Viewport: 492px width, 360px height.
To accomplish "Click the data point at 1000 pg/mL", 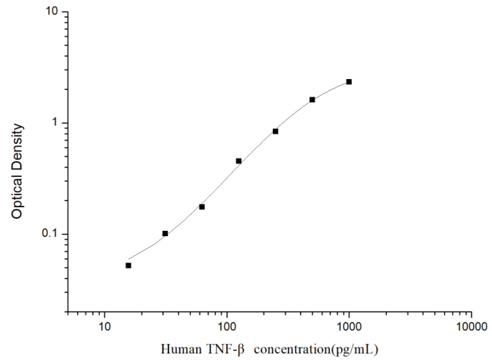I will coord(349,82).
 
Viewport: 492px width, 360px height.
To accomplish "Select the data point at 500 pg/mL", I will coord(312,100).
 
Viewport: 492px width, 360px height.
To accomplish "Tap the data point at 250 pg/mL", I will coord(275,131).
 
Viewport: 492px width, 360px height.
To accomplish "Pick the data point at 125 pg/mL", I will coord(238,161).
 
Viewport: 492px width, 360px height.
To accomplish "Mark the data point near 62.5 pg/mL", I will coord(202,207).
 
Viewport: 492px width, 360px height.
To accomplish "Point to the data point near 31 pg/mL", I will coord(165,233).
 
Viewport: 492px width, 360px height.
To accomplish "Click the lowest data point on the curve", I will coord(128,265).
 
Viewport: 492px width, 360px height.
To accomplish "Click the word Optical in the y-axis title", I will coord(18,198).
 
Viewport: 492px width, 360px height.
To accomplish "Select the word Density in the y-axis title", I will coord(18,144).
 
